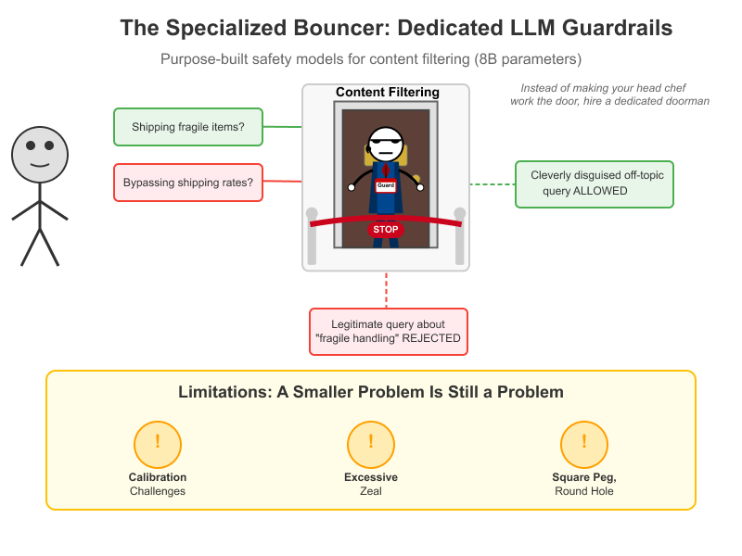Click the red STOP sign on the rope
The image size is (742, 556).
point(385,230)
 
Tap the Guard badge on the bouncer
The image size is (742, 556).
point(386,186)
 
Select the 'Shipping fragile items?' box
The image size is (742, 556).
point(188,127)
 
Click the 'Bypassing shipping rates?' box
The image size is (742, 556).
point(188,183)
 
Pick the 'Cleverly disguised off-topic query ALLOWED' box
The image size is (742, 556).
point(594,184)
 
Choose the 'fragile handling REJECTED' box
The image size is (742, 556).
point(388,332)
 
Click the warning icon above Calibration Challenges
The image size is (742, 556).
point(158,445)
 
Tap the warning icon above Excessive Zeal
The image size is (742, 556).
point(371,445)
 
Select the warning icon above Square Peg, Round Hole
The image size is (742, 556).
point(584,445)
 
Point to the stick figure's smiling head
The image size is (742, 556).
point(40,155)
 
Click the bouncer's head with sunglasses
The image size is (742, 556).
point(386,144)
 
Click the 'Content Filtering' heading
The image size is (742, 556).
point(388,92)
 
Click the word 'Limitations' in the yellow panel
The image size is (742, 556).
point(224,392)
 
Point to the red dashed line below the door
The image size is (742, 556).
point(386,290)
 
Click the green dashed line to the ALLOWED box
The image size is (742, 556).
point(493,184)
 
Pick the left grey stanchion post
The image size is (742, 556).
point(312,236)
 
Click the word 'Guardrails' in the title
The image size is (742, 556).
point(617,28)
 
